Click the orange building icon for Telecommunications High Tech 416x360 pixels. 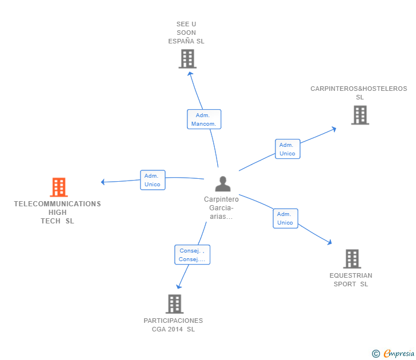click(59, 187)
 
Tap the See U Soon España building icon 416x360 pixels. click(187, 59)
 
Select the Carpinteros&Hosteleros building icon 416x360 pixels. click(359, 115)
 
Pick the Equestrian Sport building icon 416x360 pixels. click(352, 259)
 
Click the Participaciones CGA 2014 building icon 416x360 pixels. click(174, 304)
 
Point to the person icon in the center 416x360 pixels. click(222, 183)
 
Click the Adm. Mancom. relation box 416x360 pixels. click(204, 119)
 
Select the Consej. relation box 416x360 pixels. click(192, 255)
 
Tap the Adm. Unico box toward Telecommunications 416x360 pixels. click(153, 180)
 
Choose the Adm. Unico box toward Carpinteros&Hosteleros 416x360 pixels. click(287, 149)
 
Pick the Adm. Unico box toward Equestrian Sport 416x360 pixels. click(285, 218)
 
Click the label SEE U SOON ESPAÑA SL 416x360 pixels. click(186, 33)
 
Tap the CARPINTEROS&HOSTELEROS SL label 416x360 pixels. click(359, 93)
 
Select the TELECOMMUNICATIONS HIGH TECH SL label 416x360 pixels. click(57, 213)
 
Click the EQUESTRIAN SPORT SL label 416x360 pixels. click(351, 280)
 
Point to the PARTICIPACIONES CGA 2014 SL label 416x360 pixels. click(173, 325)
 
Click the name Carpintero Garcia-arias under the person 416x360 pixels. click(221, 208)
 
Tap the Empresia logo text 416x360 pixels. click(398, 353)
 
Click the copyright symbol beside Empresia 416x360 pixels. click(375, 354)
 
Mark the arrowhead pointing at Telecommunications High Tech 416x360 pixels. click(103, 182)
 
